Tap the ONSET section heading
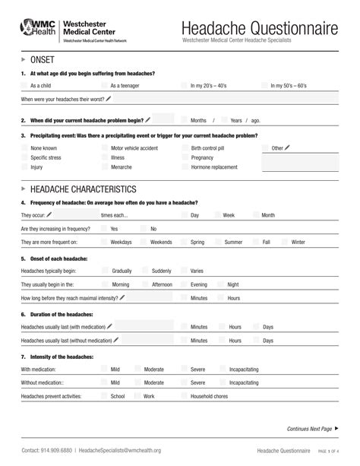click(x=41, y=59)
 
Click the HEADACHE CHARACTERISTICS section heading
click(x=83, y=189)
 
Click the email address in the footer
click(x=120, y=450)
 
